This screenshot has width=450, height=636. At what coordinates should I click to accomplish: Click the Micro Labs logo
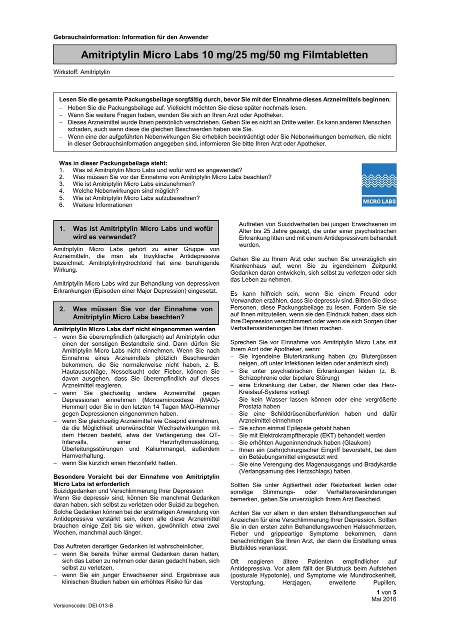[379, 185]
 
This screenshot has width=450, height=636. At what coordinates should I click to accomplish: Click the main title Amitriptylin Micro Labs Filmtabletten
[224, 55]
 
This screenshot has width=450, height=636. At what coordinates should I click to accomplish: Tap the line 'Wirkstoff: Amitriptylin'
[81, 72]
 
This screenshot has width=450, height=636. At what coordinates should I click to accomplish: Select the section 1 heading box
[136, 233]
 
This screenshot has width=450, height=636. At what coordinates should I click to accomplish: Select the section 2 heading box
[136, 313]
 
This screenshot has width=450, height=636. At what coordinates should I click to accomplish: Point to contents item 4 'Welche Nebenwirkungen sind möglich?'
[125, 191]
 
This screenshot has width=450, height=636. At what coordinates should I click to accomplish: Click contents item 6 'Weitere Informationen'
[102, 205]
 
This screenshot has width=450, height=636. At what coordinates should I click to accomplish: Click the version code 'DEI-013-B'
[101, 606]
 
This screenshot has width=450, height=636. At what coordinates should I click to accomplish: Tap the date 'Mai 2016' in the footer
[383, 599]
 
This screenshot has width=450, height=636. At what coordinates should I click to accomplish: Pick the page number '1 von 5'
[386, 592]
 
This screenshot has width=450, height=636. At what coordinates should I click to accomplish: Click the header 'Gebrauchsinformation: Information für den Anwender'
[131, 37]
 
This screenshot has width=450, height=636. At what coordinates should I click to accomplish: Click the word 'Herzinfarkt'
[143, 463]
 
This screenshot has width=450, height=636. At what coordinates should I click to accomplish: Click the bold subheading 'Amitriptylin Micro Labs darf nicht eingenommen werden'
[134, 329]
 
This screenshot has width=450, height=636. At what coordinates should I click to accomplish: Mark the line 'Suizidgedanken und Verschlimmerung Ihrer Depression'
[128, 491]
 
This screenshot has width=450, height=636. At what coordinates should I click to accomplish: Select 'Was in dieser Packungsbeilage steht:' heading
[113, 163]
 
